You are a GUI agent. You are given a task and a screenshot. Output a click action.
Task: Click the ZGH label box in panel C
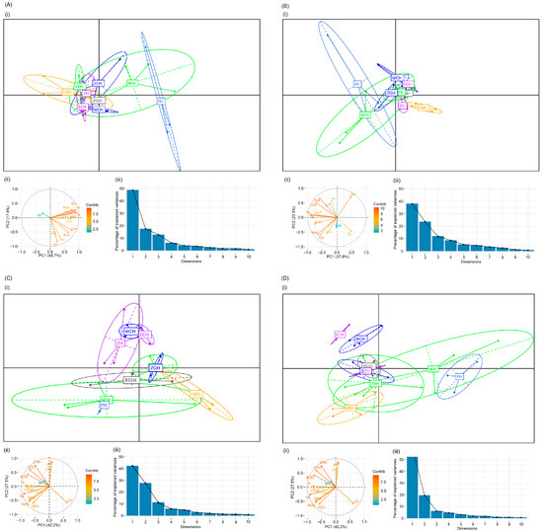[155, 368]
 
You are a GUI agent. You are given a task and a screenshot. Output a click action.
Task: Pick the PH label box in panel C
[104, 405]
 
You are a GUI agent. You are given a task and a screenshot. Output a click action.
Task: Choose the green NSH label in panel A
[130, 83]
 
